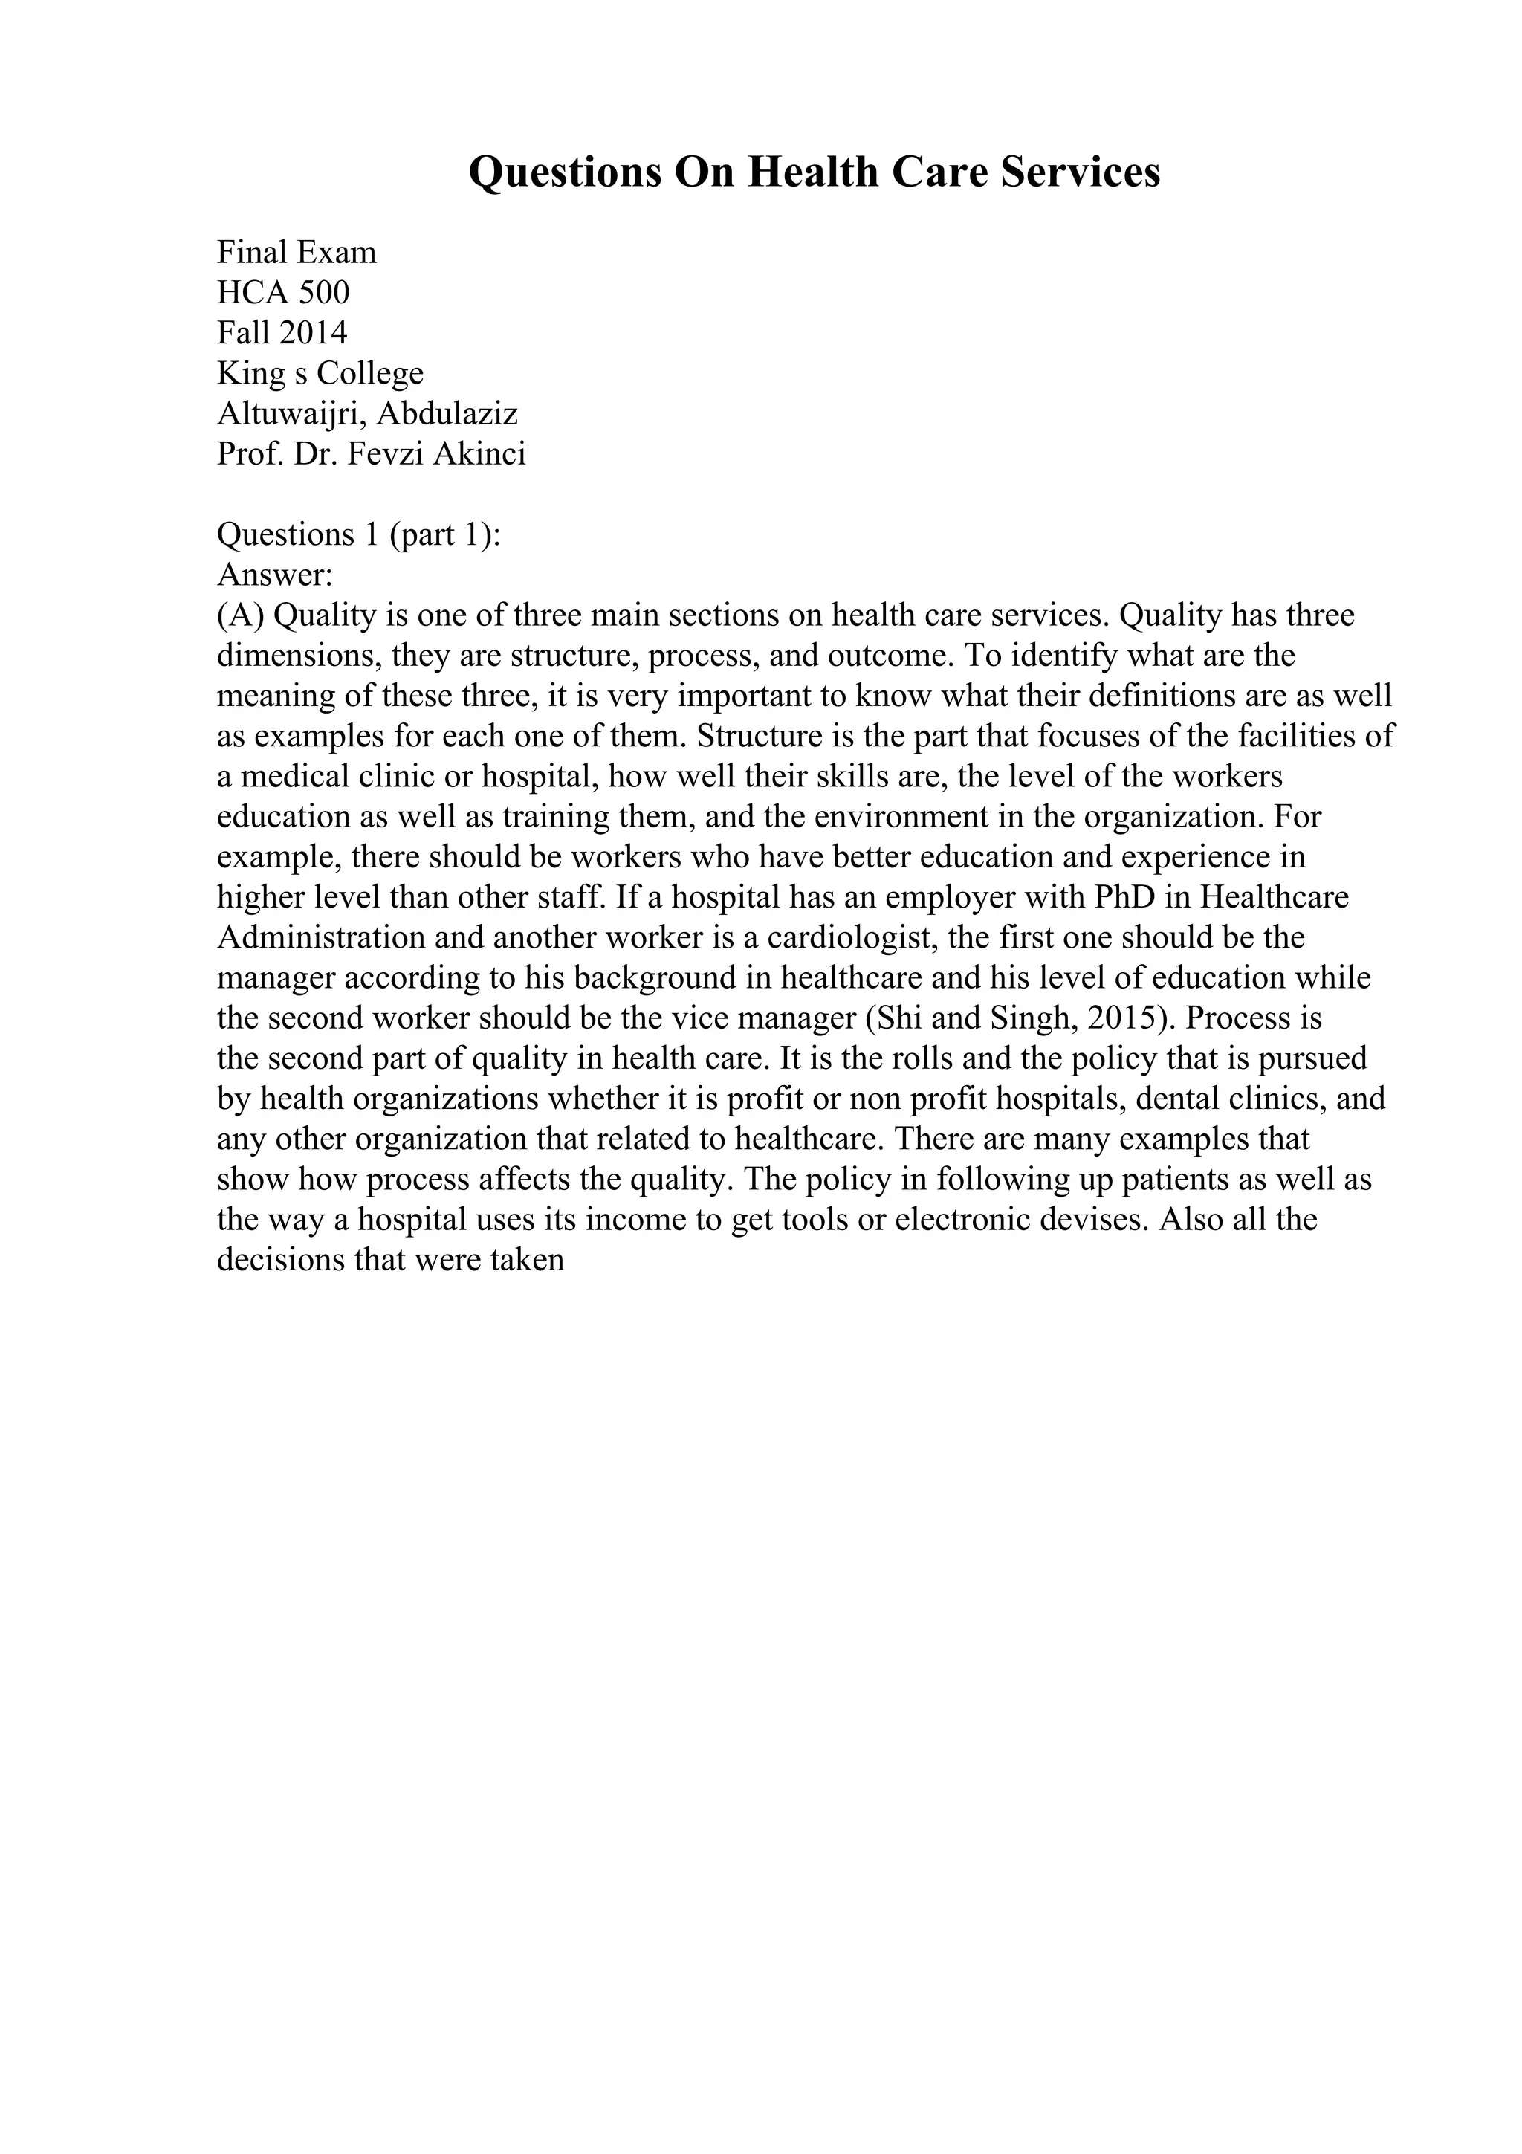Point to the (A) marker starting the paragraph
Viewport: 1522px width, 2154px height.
(x=242, y=615)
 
